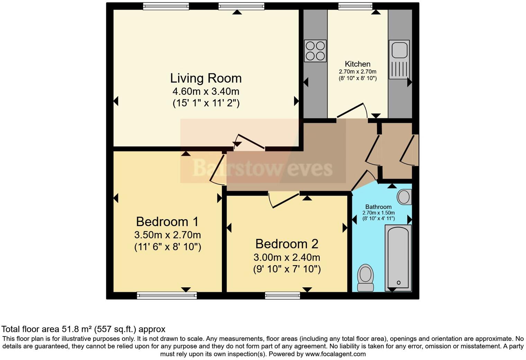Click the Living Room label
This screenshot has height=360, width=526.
[206, 78]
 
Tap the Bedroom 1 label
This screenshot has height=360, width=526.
[167, 222]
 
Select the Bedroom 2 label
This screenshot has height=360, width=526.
[287, 244]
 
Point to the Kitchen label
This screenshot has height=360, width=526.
[357, 64]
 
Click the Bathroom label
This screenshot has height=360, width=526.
[378, 207]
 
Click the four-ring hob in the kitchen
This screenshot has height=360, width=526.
[315, 51]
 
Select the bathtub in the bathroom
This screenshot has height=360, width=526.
[398, 258]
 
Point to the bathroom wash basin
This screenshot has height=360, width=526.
[404, 197]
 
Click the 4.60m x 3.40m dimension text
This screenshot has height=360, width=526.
[206, 91]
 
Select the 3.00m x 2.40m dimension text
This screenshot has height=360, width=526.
[287, 258]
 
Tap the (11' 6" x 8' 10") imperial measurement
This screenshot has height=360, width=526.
[167, 247]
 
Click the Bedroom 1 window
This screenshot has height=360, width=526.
[167, 295]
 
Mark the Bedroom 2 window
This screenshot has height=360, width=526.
[282, 295]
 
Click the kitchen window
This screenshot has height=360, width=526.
[355, 6]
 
